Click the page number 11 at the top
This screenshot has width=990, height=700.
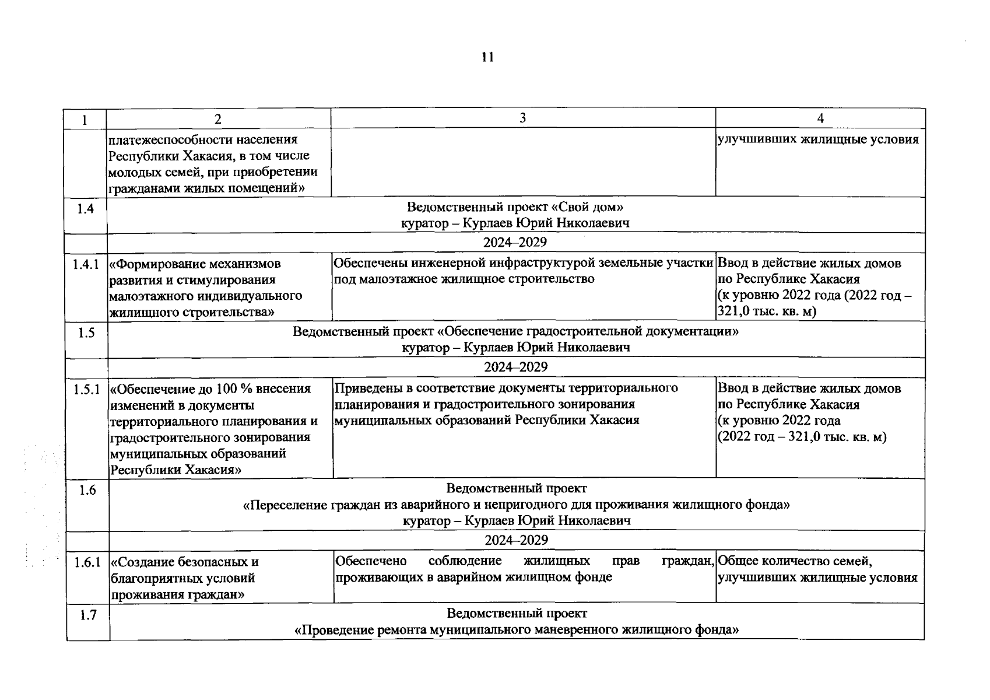[488, 57]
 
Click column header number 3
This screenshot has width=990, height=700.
[522, 118]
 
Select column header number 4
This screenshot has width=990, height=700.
[820, 118]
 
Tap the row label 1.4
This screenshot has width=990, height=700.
[85, 208]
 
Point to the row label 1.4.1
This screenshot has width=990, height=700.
[86, 264]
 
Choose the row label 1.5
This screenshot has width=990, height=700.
[86, 332]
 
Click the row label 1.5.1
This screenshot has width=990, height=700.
[87, 389]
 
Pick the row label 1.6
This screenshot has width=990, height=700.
[87, 490]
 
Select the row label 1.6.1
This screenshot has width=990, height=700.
[87, 562]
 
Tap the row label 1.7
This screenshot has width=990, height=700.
[88, 615]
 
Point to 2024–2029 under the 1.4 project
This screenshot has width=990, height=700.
[515, 242]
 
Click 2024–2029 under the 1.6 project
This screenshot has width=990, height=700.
[517, 540]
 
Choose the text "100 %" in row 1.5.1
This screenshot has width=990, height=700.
[234, 388]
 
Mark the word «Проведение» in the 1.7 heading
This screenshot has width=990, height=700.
[332, 630]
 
